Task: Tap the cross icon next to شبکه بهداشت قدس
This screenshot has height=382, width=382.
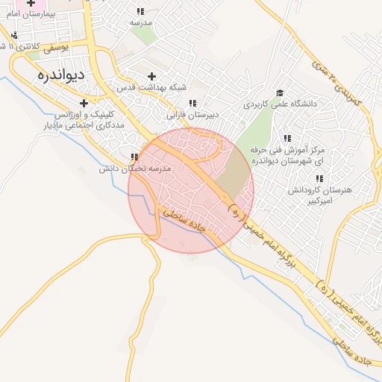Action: (152, 76)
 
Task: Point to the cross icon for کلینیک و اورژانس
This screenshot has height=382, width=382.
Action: (84, 103)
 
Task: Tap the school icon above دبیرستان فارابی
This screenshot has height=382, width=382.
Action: (192, 104)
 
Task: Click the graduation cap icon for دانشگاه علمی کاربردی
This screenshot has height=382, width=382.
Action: (280, 93)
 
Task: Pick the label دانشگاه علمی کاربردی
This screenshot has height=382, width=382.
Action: (280, 104)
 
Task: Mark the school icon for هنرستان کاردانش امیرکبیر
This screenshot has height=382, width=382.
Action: (319, 179)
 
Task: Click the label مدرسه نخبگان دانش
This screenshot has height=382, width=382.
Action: (137, 169)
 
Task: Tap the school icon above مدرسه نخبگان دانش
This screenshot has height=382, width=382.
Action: (135, 157)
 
